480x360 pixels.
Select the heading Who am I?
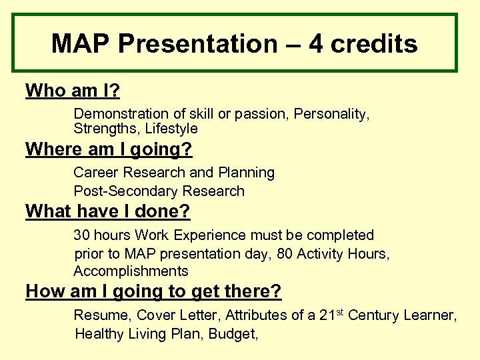(73, 91)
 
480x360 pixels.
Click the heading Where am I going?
(104, 149)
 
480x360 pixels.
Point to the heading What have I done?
(107, 212)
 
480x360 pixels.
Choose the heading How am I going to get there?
(153, 291)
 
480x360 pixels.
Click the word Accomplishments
(131, 271)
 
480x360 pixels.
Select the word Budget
(233, 334)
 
